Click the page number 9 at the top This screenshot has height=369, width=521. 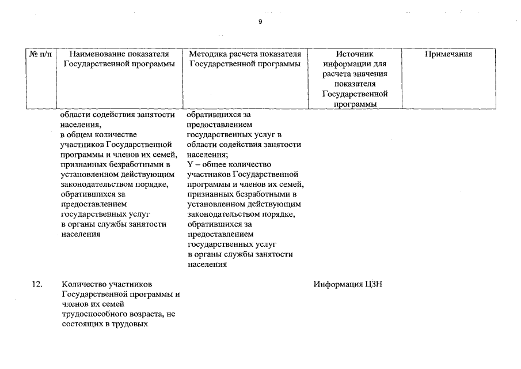tap(260, 21)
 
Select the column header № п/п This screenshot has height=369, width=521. tap(40, 54)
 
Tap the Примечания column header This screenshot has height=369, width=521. tap(448, 54)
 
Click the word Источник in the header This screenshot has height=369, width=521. tap(355, 54)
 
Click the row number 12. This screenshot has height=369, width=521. tap(37, 284)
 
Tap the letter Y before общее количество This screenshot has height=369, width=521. tap(190, 164)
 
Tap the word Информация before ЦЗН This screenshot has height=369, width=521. tap(338, 284)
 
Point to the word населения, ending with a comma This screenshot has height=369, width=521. tap(81, 124)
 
